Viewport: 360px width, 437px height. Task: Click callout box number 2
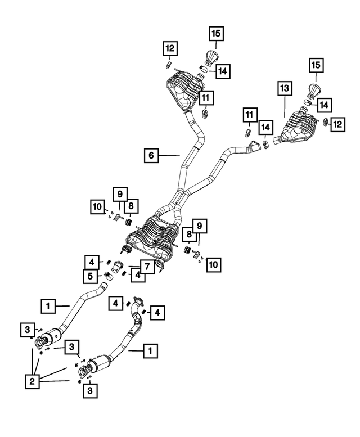[x=32, y=381]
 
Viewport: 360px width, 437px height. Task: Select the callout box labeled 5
[x=90, y=276]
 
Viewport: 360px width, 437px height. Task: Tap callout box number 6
[x=151, y=155]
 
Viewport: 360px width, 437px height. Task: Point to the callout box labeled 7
[x=147, y=267]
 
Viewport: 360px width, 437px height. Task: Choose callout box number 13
[x=285, y=89]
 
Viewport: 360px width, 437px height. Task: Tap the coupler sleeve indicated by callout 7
[x=116, y=267]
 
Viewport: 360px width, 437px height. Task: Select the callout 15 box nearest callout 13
[x=316, y=65]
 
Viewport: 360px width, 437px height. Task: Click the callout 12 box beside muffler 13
[x=337, y=124]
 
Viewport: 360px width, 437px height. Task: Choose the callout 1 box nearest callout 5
[x=48, y=306]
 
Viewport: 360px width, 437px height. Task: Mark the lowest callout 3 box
[x=90, y=390]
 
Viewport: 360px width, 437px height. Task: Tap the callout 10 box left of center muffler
[x=97, y=207]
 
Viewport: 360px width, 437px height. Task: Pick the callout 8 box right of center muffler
[x=189, y=234]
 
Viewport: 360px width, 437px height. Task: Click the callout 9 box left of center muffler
[x=120, y=194]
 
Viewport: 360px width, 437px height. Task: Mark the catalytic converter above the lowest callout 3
[x=100, y=362]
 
